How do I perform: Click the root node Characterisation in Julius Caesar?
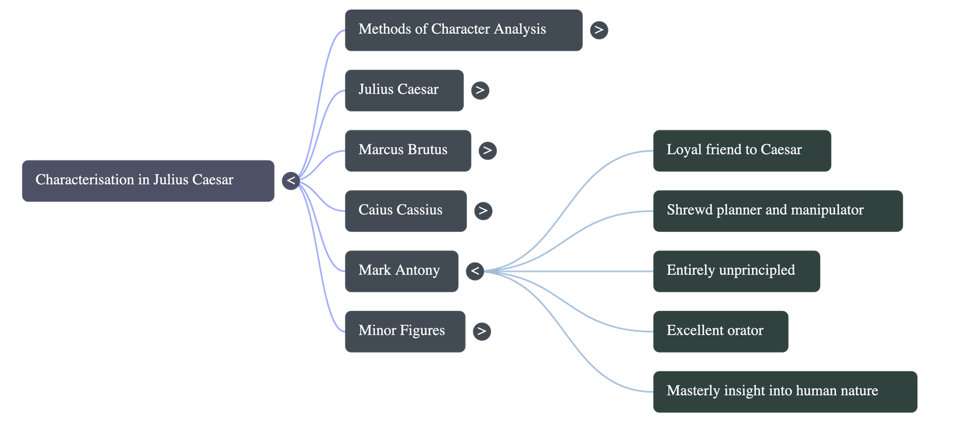tap(148, 180)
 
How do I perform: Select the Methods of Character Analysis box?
tap(463, 30)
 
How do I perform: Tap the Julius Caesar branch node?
tap(404, 90)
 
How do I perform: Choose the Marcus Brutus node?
tap(408, 150)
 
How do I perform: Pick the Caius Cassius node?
tap(405, 211)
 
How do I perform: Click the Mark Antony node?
tap(401, 271)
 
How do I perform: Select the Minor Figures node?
tap(405, 331)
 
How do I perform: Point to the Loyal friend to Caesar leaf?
tap(742, 150)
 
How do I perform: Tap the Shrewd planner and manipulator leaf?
tap(777, 211)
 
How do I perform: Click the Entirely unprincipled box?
tap(736, 271)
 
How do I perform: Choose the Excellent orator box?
tap(720, 331)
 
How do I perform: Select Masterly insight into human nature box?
tap(785, 391)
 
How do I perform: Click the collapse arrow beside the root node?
tap(291, 181)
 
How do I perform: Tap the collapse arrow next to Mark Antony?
tap(475, 271)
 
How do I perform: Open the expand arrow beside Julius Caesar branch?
tap(480, 91)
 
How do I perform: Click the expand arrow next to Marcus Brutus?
tap(487, 150)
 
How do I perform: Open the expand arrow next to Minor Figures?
tap(481, 331)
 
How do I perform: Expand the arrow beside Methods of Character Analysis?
tap(598, 30)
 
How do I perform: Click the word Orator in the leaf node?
tap(744, 331)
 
